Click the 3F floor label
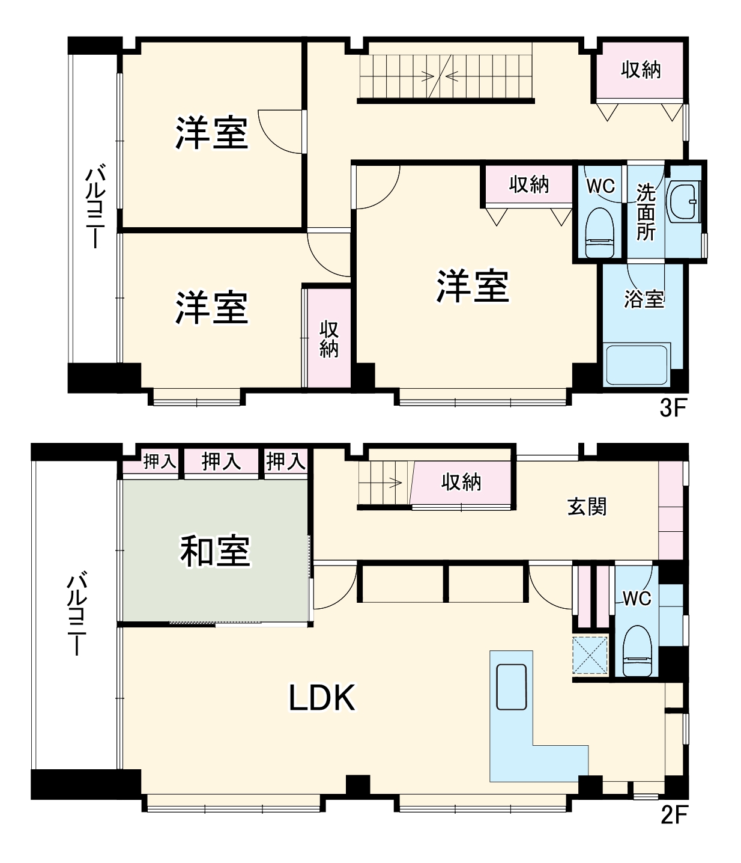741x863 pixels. (x=673, y=409)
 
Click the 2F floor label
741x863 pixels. (x=673, y=816)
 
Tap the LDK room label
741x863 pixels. (x=322, y=698)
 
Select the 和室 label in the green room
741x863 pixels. (x=215, y=551)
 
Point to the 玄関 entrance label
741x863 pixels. (x=587, y=507)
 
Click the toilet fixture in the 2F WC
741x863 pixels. (x=637, y=651)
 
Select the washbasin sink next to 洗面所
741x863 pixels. (x=684, y=201)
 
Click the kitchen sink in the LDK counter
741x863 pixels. (x=511, y=687)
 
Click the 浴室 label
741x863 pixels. (x=644, y=299)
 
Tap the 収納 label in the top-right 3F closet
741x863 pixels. (x=641, y=70)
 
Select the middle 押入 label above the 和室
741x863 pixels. (x=221, y=462)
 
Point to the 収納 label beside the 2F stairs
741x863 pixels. (x=461, y=481)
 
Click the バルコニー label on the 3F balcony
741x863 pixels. (x=95, y=207)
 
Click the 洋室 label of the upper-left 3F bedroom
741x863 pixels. (x=211, y=133)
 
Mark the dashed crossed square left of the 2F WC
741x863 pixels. (x=590, y=656)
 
